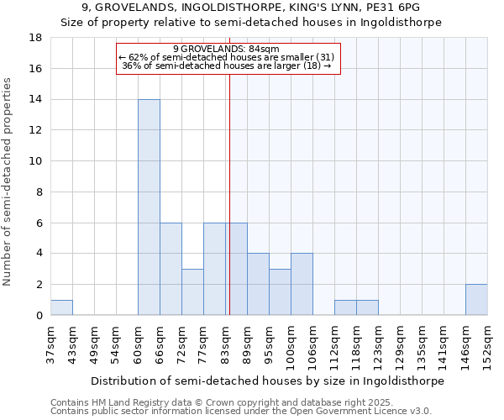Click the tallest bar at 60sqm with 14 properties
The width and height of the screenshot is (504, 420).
149,207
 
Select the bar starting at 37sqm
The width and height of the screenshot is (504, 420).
61,307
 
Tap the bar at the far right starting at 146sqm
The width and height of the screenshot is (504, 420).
476,300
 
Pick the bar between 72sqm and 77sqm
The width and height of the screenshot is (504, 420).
192,291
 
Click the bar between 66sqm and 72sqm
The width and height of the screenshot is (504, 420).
171,269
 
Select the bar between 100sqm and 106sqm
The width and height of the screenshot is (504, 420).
302,284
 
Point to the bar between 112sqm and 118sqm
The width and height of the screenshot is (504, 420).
345,307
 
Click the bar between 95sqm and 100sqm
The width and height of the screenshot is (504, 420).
280,291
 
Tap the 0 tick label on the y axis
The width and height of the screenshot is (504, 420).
39,315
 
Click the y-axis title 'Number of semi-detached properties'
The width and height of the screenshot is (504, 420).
8,181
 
